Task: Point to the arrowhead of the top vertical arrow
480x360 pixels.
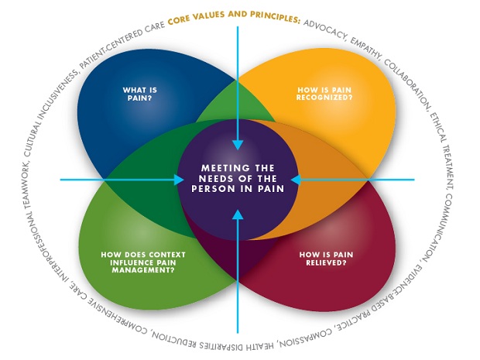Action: pos(240,144)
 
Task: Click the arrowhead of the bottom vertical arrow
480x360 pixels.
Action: pos(239,211)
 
